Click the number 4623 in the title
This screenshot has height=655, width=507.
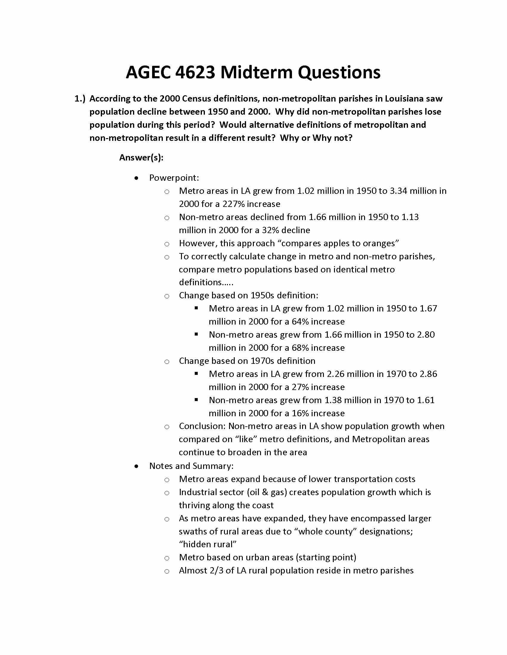195,73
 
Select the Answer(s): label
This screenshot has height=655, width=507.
141,157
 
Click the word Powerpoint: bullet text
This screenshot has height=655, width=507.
174,178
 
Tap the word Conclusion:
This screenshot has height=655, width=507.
202,426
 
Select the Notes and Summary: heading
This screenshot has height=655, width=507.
191,466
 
